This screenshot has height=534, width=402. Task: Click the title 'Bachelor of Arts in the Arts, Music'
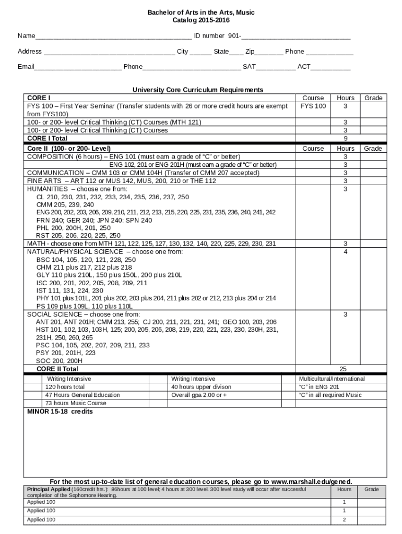coord(201,12)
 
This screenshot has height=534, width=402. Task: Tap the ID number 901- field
coord(295,37)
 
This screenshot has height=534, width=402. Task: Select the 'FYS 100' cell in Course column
coord(313,106)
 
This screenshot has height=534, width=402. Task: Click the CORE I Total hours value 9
coord(345,139)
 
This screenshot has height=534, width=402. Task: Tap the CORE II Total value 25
coord(343,369)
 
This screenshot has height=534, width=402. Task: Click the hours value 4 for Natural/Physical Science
coord(345,252)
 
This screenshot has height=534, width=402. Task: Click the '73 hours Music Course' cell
coord(75,403)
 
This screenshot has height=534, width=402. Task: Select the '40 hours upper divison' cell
coord(201,387)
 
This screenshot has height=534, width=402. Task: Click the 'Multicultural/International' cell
coord(332,379)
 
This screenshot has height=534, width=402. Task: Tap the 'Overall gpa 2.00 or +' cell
coord(199,395)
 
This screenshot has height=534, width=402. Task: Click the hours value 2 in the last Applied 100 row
coord(344,520)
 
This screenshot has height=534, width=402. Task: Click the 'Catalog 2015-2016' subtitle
coord(201,20)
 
